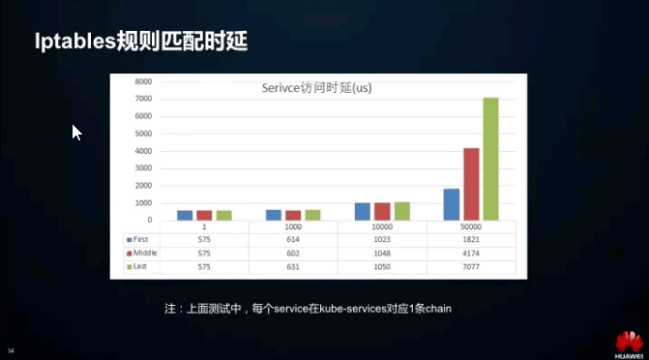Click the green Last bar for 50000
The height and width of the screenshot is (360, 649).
tap(490, 159)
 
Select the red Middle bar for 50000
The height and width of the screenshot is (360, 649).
tap(471, 184)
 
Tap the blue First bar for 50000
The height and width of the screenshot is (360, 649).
tap(452, 204)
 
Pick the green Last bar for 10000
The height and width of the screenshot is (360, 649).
tap(401, 211)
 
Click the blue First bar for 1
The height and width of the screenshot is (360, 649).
tap(184, 215)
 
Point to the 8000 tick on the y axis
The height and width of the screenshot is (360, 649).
tap(143, 81)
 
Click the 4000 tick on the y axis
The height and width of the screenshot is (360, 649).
tap(143, 151)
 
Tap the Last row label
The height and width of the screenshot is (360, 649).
tap(139, 266)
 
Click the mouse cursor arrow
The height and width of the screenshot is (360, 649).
tap(76, 132)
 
